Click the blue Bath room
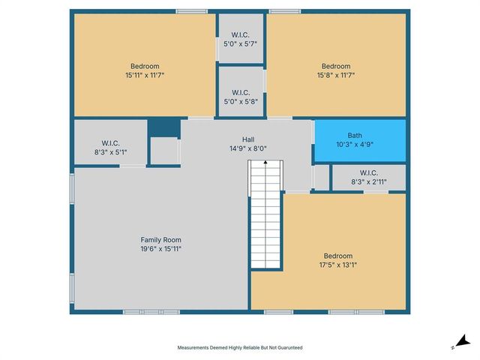coord(359,139)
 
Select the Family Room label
coord(161,240)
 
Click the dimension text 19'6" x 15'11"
coord(161,249)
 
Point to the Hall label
coord(247,139)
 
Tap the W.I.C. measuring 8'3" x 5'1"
coord(110,147)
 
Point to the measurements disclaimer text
coord(240,348)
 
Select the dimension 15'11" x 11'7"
coord(145,74)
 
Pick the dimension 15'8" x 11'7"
coord(335,74)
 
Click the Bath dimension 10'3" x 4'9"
coord(355,144)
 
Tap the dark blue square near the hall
coord(163,127)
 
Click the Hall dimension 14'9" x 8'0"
coord(247,148)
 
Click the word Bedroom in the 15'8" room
coord(335,66)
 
